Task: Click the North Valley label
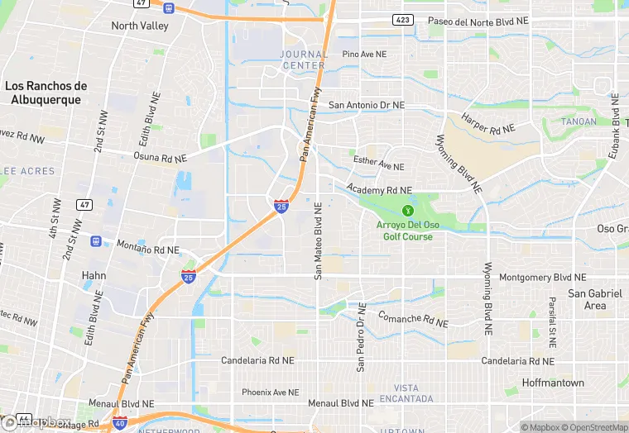pos(140,26)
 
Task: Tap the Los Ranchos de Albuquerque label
pos(46,93)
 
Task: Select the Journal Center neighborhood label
pos(302,59)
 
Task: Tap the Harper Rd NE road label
pos(488,124)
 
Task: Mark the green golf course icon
pos(407,211)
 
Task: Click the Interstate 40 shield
pos(120,422)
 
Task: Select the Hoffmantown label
pos(553,383)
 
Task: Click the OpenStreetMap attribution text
pos(595,427)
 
